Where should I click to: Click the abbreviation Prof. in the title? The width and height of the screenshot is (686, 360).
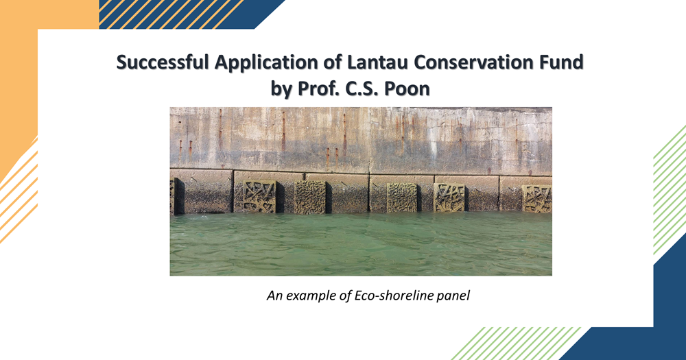click(x=320, y=88)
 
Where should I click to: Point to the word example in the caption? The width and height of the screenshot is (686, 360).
click(x=311, y=297)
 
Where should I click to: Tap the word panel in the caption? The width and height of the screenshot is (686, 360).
click(x=453, y=297)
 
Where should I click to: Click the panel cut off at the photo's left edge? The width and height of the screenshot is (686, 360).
click(x=173, y=196)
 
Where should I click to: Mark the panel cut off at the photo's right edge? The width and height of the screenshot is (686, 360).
click(x=537, y=199)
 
